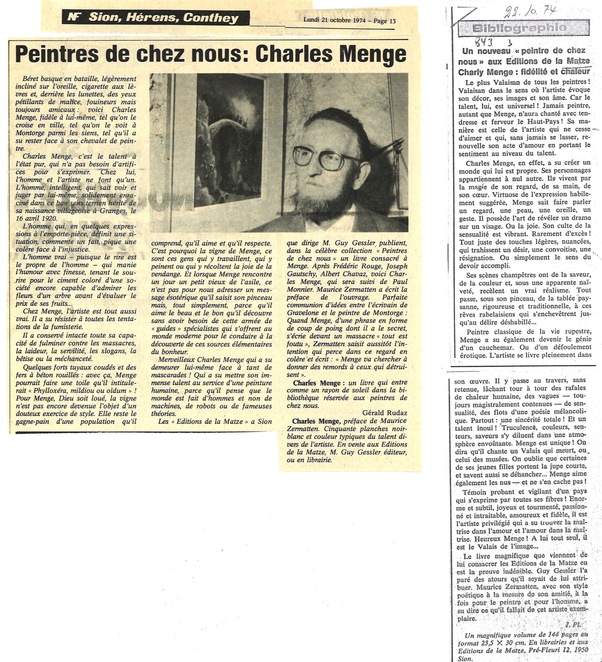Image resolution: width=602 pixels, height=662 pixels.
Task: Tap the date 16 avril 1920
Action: [36, 218]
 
